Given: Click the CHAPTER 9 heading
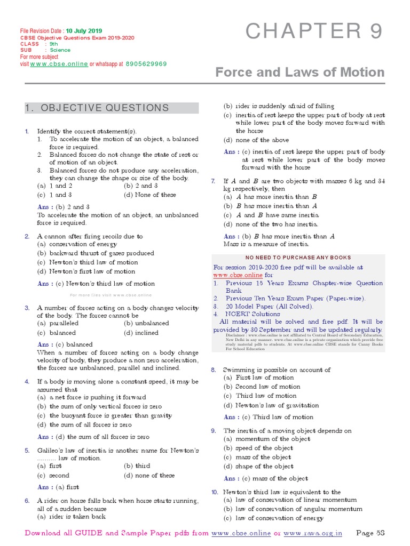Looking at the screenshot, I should (x=314, y=32).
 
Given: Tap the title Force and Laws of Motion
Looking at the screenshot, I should (x=299, y=72).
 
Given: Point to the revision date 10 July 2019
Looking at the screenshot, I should (x=84, y=31).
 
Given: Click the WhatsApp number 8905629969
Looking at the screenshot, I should (x=146, y=63).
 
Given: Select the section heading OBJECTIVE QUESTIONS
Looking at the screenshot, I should (x=97, y=108).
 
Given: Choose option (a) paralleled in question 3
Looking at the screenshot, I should (x=57, y=323).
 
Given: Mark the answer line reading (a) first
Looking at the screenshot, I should (x=58, y=487).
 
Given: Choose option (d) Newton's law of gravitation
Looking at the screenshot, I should (x=271, y=405).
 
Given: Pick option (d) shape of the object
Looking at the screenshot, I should (x=258, y=466).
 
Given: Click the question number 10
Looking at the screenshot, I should (x=215, y=492).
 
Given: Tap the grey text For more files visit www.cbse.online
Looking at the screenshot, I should (x=111, y=295).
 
